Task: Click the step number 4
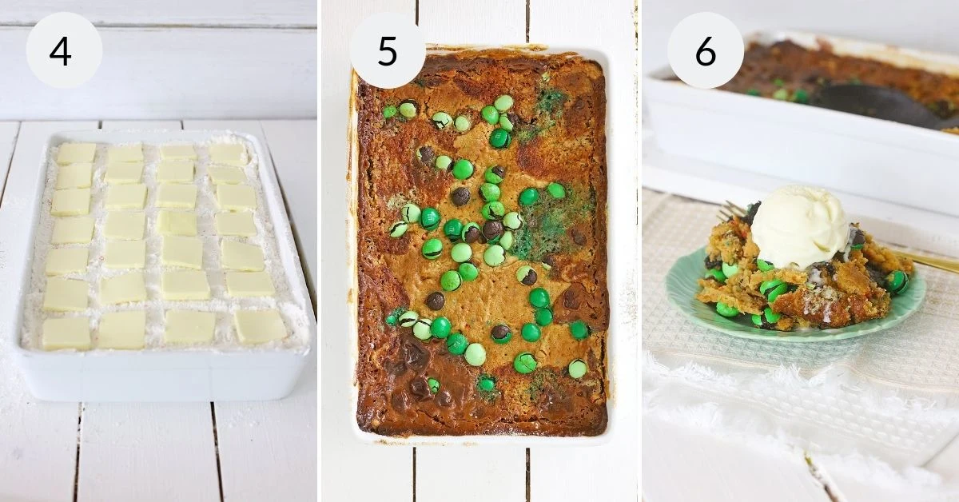click(61, 52)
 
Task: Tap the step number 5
click(388, 52)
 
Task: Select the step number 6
click(706, 52)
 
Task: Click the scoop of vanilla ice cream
click(800, 227)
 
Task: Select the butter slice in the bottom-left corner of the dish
click(66, 333)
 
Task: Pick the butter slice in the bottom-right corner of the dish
click(261, 326)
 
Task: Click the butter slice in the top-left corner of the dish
click(76, 153)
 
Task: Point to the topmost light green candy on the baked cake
click(504, 103)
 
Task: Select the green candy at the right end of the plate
click(897, 281)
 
